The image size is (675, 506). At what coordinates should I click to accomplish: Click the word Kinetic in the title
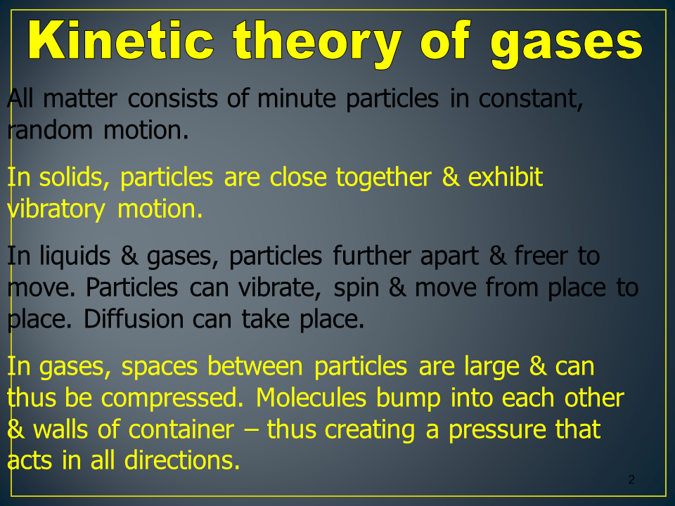pyautogui.click(x=122, y=40)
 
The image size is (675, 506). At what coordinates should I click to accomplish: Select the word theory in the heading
pyautogui.click(x=318, y=44)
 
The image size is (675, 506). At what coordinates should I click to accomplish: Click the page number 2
pyautogui.click(x=631, y=479)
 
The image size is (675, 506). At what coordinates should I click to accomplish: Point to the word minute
pyautogui.click(x=296, y=98)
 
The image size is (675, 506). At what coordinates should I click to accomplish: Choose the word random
pyautogui.click(x=50, y=129)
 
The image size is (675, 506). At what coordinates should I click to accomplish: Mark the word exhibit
pyautogui.click(x=505, y=177)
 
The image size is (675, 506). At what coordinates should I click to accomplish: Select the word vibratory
pyautogui.click(x=56, y=209)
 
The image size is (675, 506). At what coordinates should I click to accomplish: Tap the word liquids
pyautogui.click(x=75, y=257)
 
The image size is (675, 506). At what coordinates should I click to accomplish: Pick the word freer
pyautogui.click(x=541, y=256)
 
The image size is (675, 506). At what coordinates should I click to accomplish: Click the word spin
pyautogui.click(x=356, y=288)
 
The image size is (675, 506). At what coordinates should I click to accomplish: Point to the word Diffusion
pyautogui.click(x=134, y=319)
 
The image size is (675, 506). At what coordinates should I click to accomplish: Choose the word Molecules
pyautogui.click(x=311, y=397)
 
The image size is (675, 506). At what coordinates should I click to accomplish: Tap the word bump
pyautogui.click(x=409, y=398)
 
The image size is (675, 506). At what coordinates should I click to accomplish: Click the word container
pyautogui.click(x=181, y=429)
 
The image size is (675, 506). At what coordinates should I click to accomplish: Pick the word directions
pyautogui.click(x=182, y=460)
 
